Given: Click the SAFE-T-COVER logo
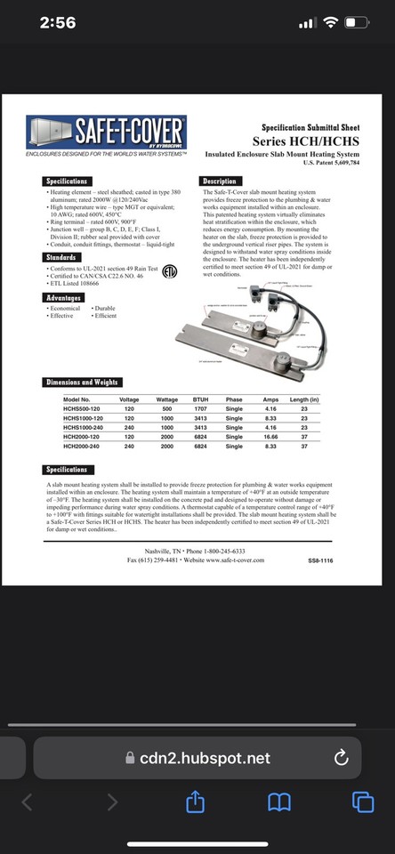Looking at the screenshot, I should click(x=106, y=134).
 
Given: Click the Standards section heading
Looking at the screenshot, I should click(x=64, y=258).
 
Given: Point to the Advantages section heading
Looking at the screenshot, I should click(x=68, y=298).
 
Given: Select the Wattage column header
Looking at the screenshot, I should click(x=167, y=401).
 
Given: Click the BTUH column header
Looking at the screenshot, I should click(x=201, y=401).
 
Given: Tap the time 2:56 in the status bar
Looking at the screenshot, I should click(x=58, y=22).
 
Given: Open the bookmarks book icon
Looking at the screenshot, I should click(x=279, y=802).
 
